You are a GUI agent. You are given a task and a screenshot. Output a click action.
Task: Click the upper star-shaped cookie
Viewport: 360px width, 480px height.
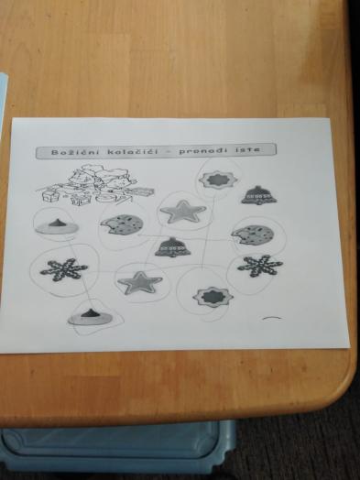[x=183, y=212]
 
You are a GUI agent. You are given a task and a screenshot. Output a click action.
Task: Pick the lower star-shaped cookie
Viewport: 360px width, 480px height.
[x=140, y=282]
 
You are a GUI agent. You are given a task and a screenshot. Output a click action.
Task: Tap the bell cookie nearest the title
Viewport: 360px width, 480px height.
[x=259, y=195]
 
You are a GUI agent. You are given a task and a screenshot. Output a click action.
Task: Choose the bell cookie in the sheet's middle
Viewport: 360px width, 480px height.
[x=172, y=247]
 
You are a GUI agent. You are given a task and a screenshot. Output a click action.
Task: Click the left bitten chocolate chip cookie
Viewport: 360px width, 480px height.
[x=122, y=224]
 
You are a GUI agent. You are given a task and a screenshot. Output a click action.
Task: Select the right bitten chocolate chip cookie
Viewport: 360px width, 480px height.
[x=253, y=235]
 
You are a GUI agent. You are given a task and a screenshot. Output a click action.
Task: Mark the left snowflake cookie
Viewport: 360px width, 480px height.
[x=64, y=269]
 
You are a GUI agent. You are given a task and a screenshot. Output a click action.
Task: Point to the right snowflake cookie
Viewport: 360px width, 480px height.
[x=260, y=266]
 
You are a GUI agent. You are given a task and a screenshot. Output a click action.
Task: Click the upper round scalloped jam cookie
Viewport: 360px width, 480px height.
[x=218, y=180]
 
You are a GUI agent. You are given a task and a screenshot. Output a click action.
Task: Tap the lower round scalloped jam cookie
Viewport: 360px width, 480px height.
[x=213, y=297]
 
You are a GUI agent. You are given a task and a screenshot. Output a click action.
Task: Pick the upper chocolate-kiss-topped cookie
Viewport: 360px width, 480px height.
[x=57, y=226]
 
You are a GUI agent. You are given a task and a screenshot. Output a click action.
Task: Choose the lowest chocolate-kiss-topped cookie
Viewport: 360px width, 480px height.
[x=91, y=318]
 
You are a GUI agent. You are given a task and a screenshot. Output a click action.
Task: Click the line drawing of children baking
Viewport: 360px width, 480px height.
[x=95, y=185]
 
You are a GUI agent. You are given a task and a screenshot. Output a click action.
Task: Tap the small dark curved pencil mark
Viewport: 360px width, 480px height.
[x=272, y=319]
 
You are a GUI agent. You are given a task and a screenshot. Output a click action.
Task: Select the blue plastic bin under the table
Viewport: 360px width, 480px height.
[x=118, y=449]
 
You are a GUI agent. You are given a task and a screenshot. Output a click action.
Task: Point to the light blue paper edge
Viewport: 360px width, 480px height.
[x=3, y=101]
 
